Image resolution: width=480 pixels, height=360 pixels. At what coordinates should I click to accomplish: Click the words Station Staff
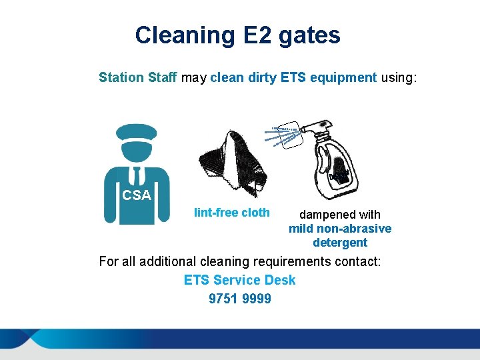point(138,77)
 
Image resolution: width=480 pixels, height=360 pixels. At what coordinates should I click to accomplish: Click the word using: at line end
point(399,77)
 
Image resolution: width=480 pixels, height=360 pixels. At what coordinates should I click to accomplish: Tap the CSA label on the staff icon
point(137,196)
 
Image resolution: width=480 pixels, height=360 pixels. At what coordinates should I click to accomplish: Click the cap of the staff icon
point(137,131)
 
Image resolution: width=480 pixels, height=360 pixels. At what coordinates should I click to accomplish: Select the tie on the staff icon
point(137,175)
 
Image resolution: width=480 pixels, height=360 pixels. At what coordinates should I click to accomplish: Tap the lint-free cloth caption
point(232,213)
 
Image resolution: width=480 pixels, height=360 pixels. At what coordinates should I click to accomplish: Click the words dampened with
point(340,215)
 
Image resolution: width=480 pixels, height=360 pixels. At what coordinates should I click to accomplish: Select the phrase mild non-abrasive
point(340,229)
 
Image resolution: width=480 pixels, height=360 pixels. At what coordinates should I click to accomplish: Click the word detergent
point(340,243)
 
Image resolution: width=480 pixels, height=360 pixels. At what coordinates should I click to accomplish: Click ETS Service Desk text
point(240,280)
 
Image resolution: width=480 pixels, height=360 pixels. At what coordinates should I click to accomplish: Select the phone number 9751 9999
point(240,299)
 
